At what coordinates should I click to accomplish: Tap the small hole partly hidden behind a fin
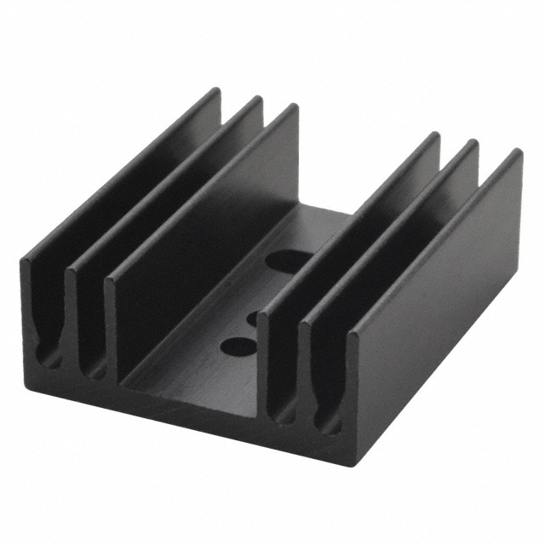253,318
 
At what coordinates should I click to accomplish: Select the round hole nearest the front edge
238,346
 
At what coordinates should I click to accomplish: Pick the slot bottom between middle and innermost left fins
95,371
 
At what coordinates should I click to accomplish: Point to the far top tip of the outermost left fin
217,91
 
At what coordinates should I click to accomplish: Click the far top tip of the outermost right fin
517,153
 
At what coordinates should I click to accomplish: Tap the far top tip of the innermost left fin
294,107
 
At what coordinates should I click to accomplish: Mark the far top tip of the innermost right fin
435,135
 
